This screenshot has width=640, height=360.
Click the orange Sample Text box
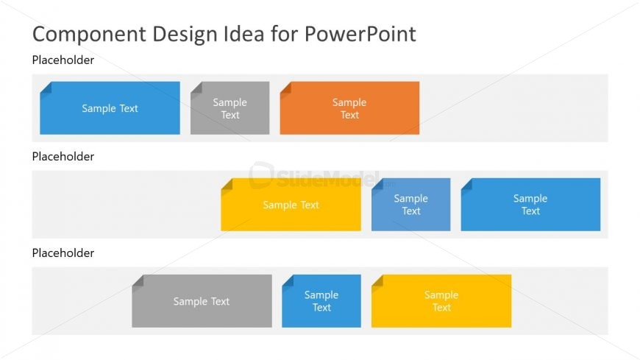[x=349, y=108]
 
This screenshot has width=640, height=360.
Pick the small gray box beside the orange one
[x=230, y=108]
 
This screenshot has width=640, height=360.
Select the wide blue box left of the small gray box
[x=110, y=108]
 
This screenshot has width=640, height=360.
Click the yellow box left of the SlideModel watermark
[x=291, y=205]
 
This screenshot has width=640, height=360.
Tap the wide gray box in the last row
[x=202, y=301]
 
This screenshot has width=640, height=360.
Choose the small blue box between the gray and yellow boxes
[x=321, y=301]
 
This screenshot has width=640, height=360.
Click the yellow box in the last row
[x=441, y=301]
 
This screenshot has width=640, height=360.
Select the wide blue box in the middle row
[x=530, y=205]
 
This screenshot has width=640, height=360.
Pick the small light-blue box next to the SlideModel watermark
[x=410, y=205]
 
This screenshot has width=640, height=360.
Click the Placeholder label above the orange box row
[x=63, y=60]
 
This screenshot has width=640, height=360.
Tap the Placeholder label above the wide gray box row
[x=63, y=253]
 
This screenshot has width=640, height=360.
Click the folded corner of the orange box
[x=285, y=88]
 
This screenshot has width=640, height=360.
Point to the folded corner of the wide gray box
[x=138, y=280]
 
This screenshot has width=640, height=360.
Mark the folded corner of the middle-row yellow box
[x=227, y=184]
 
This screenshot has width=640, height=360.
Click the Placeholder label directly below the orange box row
[x=63, y=157]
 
